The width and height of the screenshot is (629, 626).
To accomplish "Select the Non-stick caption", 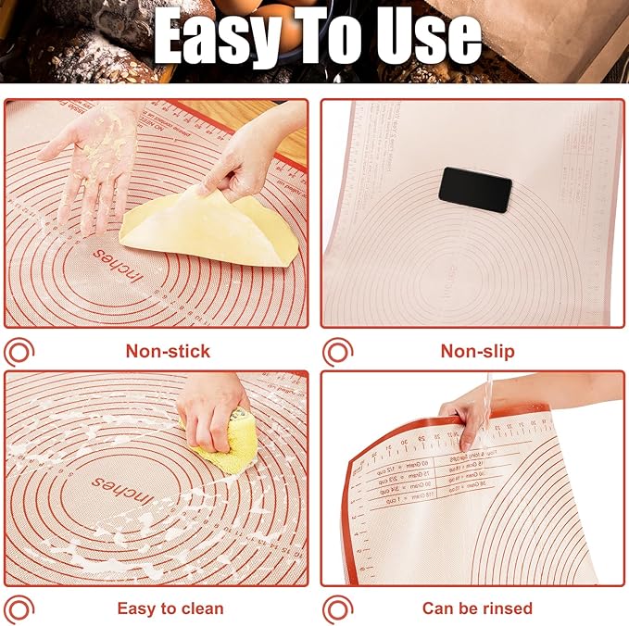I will [168, 351].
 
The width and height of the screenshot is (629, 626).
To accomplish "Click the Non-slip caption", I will [478, 351].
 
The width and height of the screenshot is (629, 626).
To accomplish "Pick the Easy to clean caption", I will [170, 608].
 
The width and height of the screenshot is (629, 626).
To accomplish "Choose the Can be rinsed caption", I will [477, 608].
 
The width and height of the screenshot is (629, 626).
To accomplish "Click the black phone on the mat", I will [475, 189].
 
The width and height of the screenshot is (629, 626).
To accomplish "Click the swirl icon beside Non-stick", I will [19, 352].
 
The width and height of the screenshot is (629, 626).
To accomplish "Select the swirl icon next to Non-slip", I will [337, 352].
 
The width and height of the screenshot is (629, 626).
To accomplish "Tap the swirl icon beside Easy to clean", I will [19, 608].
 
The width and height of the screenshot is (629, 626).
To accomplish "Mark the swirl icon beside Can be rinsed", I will [337, 608].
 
